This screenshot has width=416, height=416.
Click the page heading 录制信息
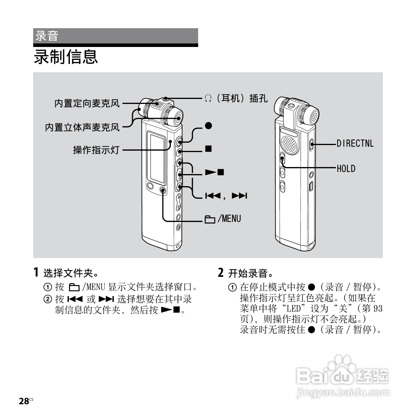(66, 57)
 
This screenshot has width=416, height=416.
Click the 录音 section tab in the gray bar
(47, 36)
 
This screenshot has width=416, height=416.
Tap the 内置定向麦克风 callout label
(87, 103)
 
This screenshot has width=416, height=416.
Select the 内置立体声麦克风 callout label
(82, 127)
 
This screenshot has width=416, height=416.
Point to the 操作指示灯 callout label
(96, 150)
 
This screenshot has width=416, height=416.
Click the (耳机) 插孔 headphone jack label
(236, 98)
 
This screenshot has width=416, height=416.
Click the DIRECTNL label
(355, 144)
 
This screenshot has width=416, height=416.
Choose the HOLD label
(346, 169)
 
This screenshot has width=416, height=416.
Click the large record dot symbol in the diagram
(208, 126)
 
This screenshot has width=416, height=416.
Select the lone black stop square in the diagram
(208, 149)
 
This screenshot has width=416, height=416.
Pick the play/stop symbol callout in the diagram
(214, 172)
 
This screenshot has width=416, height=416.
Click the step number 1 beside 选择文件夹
(36, 272)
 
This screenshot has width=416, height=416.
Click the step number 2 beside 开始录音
(221, 272)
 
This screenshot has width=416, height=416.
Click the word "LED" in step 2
(294, 309)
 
